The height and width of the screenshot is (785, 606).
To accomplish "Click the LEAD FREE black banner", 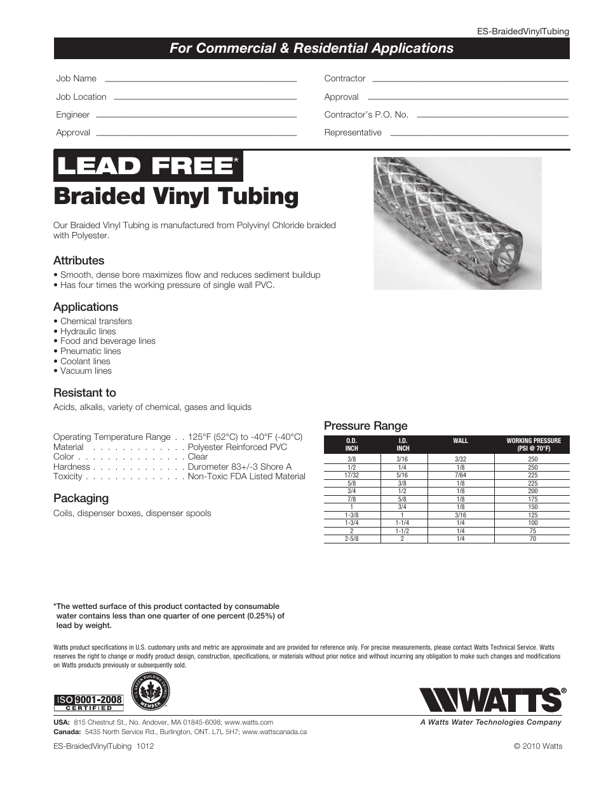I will click(148, 166).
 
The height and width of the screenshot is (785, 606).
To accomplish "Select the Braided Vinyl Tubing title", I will click(176, 196).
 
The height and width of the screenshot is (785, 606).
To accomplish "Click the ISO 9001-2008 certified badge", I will click(88, 702).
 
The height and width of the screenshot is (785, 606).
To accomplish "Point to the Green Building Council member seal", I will click(151, 692).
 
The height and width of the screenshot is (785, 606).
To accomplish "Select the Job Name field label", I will click(76, 79).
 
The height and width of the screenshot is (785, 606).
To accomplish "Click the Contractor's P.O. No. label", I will click(366, 115).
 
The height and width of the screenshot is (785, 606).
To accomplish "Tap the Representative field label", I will click(353, 133).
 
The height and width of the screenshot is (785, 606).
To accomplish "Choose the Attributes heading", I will click(79, 261).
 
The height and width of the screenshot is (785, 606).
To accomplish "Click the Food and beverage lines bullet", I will click(107, 341).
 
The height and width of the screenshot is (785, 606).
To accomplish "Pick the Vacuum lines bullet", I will click(86, 371).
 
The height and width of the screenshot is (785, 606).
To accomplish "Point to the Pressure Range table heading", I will click(365, 426).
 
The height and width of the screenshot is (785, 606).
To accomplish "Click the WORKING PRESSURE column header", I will click(533, 444).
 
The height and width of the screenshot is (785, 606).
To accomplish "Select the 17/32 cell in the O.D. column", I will click(351, 475).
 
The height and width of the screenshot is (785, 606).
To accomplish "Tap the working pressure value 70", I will click(532, 539).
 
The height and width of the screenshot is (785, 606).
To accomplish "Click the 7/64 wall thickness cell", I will click(461, 475).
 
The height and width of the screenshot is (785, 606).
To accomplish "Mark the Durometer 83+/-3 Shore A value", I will click(239, 467).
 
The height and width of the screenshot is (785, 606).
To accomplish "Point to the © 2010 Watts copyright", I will click(537, 746).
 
